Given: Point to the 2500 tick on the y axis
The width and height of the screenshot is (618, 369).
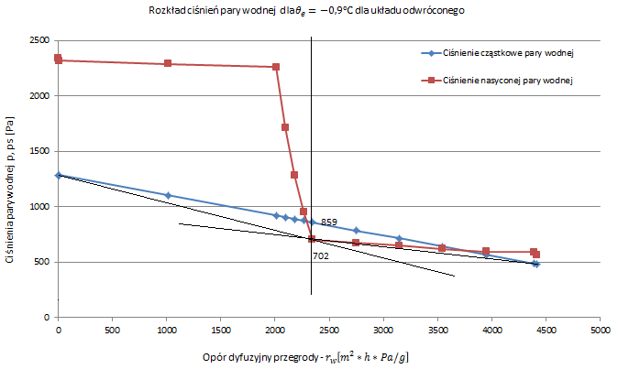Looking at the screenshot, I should [x=39, y=41].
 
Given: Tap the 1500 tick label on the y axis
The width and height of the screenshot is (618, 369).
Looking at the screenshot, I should [x=39, y=152].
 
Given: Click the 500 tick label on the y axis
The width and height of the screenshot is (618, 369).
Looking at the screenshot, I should [x=42, y=263].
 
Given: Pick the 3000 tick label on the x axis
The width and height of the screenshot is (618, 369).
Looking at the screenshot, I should [x=383, y=329].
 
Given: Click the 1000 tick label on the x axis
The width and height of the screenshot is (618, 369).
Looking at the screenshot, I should [x=166, y=329].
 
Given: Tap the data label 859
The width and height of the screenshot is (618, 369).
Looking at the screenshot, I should [x=329, y=222].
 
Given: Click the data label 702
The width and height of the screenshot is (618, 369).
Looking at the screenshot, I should [x=321, y=256].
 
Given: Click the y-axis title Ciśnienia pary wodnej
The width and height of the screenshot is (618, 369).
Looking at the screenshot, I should [x=10, y=196].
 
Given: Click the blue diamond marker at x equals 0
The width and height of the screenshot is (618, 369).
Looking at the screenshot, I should [x=59, y=175].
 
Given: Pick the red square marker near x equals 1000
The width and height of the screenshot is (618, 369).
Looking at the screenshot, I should [x=168, y=64].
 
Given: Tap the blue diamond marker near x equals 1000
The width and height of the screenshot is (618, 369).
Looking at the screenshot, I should [x=168, y=195].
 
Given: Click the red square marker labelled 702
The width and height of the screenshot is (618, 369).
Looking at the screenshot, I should [x=312, y=239].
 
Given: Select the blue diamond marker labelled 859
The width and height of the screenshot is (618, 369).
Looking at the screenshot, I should [x=312, y=222].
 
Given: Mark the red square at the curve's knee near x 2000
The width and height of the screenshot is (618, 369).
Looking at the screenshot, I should [x=276, y=67].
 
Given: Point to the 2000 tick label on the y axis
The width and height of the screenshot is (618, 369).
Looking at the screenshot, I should [x=39, y=96].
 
